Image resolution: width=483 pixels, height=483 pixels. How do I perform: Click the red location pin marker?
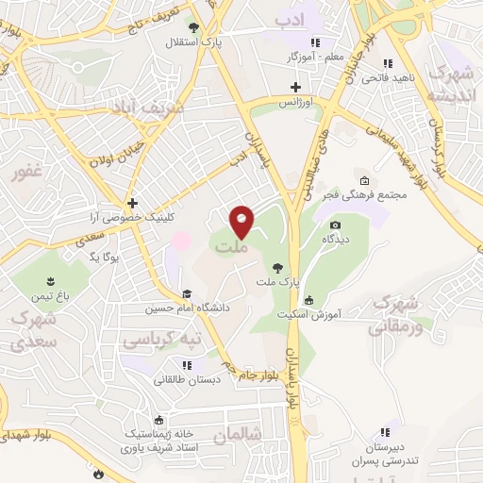click(x=242, y=223)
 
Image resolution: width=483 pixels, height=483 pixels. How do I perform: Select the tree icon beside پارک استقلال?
click(x=193, y=28)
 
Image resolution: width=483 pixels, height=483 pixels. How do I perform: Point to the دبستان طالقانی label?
click(x=189, y=378)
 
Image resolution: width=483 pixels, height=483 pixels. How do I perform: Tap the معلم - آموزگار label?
click(x=315, y=57)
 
